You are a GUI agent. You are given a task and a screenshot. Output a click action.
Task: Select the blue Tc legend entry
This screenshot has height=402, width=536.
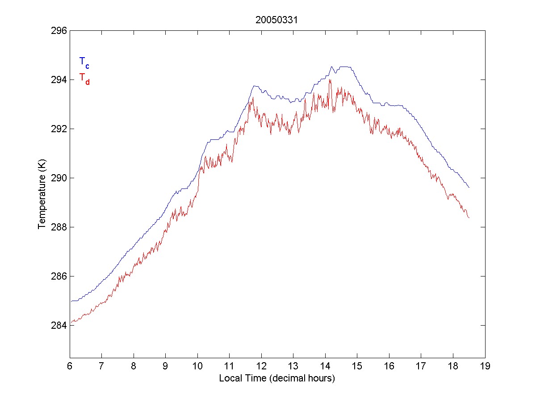tap(84, 63)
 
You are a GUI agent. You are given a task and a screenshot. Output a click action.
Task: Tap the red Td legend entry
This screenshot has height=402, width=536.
tap(84, 78)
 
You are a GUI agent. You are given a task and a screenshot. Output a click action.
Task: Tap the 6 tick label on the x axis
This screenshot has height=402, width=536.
tap(70, 367)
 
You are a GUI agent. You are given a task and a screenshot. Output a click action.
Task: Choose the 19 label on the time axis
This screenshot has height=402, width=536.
tap(485, 367)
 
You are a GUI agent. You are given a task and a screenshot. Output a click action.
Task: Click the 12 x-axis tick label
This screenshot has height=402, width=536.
tap(261, 367)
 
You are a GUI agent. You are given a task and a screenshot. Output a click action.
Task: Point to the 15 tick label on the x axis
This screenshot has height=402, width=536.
tap(357, 367)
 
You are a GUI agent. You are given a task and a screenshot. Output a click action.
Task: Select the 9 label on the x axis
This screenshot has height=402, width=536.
tap(166, 367)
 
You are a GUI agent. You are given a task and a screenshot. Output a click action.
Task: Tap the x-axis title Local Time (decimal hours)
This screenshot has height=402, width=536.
tap(277, 378)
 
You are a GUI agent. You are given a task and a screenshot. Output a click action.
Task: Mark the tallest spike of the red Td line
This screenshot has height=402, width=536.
tap(330, 80)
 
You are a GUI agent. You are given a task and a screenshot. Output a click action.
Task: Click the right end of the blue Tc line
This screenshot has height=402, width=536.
tap(469, 188)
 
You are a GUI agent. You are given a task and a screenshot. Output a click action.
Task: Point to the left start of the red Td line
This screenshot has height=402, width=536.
tap(71, 322)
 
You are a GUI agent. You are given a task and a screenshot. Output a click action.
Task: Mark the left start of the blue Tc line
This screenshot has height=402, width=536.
tap(71, 301)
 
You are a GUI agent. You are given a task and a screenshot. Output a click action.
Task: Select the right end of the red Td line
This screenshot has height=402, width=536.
tap(469, 218)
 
